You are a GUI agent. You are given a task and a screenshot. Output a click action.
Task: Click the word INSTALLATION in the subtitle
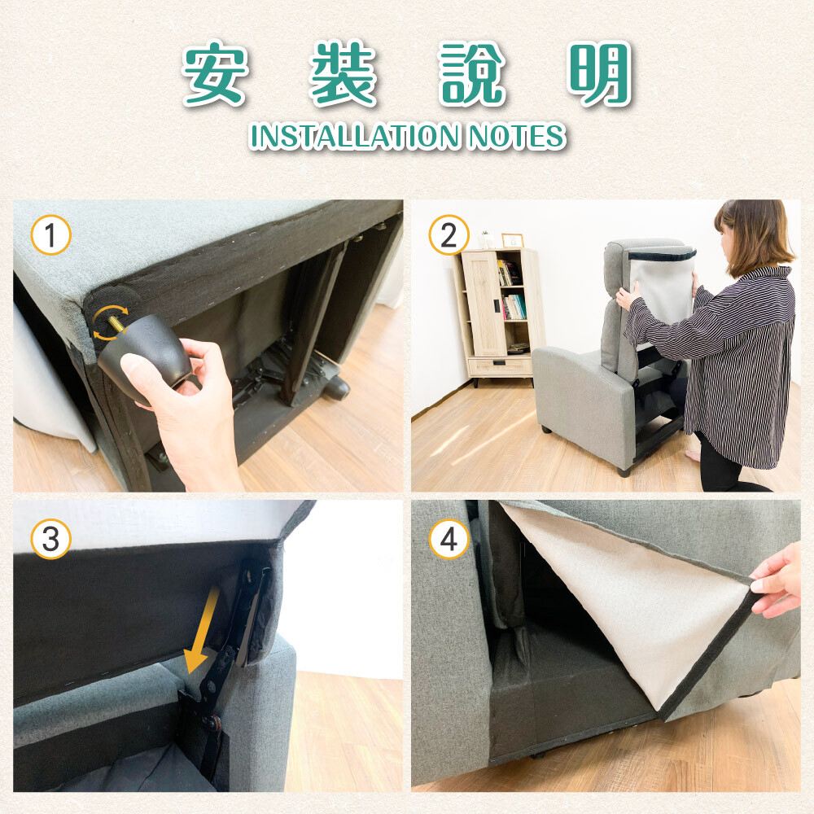355,136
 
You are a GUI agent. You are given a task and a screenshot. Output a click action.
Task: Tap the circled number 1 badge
50,234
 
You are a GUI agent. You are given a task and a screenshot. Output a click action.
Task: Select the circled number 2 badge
449,234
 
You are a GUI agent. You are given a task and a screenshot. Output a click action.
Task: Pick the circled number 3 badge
50,539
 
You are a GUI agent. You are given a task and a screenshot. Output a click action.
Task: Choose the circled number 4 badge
449,539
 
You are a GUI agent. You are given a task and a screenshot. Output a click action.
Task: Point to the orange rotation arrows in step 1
110,322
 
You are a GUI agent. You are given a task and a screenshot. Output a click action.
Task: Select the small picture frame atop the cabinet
512,240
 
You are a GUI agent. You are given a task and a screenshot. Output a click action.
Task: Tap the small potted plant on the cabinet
485,239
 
